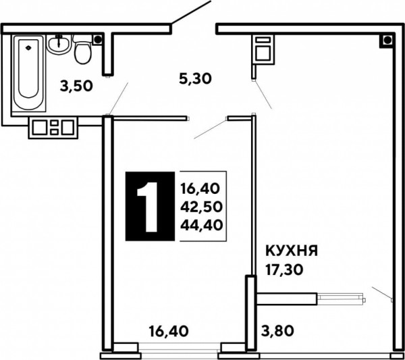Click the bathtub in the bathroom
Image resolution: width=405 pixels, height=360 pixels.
[x=28, y=73]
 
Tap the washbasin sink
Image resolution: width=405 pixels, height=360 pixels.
[x=59, y=45]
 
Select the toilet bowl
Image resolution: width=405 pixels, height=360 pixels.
[x=82, y=50]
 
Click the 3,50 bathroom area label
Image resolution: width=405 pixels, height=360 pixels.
[x=76, y=86]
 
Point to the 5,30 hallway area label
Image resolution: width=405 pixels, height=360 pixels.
[x=195, y=78]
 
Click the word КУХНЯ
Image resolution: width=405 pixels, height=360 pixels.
[x=292, y=251]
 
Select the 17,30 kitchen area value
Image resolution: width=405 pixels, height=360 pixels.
[x=284, y=270]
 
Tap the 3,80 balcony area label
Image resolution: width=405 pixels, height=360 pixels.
[x=277, y=331]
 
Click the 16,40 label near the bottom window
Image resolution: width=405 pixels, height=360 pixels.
[x=169, y=331]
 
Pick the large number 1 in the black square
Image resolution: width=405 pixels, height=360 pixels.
[x=149, y=207]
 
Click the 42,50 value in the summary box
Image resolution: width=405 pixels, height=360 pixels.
[x=201, y=207]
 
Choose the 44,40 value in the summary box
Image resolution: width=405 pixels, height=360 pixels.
[x=201, y=225]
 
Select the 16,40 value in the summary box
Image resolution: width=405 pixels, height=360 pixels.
[x=200, y=188]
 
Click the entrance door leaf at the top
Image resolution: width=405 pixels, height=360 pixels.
[x=192, y=12]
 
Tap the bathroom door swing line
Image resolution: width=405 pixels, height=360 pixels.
[x=119, y=99]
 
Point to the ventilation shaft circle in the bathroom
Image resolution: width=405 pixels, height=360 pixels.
[x=98, y=40]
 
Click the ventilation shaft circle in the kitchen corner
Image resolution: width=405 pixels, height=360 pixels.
[x=387, y=40]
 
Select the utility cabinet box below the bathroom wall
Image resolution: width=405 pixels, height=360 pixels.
[x=53, y=128]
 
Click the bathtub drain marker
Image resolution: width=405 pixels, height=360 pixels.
[x=28, y=47]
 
